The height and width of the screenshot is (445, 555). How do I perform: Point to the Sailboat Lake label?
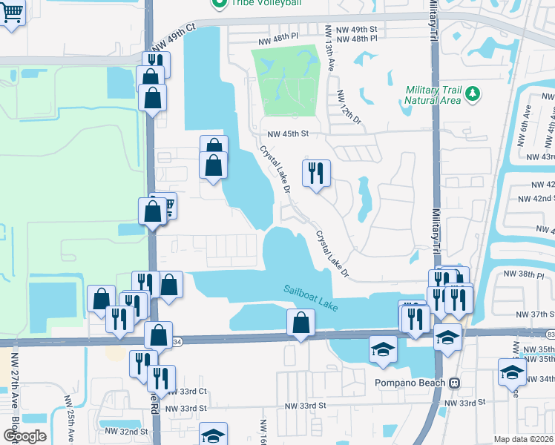(309, 291)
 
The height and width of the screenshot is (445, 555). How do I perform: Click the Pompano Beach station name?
(409, 383)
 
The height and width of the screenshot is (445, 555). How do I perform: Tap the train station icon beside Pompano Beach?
(455, 383)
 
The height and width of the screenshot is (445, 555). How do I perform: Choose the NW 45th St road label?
(288, 133)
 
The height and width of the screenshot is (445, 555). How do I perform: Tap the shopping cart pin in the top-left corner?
(11, 13)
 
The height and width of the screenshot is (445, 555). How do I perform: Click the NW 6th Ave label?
(528, 119)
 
